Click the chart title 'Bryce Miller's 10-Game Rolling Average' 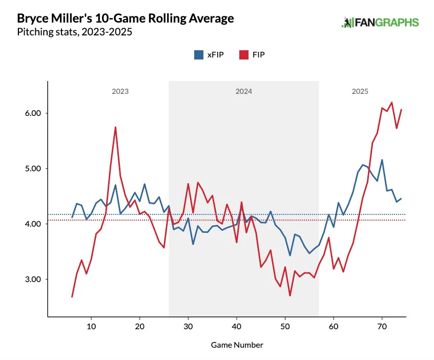coord(126,19)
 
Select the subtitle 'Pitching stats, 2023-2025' coord(74,32)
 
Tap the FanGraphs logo coord(380,23)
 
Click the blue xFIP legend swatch coord(199,55)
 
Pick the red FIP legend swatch coord(244,55)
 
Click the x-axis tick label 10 coord(91,326)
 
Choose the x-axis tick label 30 coord(188,326)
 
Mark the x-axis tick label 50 coord(285,326)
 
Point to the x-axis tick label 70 coord(382,326)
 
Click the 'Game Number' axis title coord(237,345)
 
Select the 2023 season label coord(120,92)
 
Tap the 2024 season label coord(244,92)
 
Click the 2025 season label coord(360,92)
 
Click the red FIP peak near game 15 coord(115,127)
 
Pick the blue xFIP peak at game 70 coord(382,160)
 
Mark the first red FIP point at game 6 coord(72,296)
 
